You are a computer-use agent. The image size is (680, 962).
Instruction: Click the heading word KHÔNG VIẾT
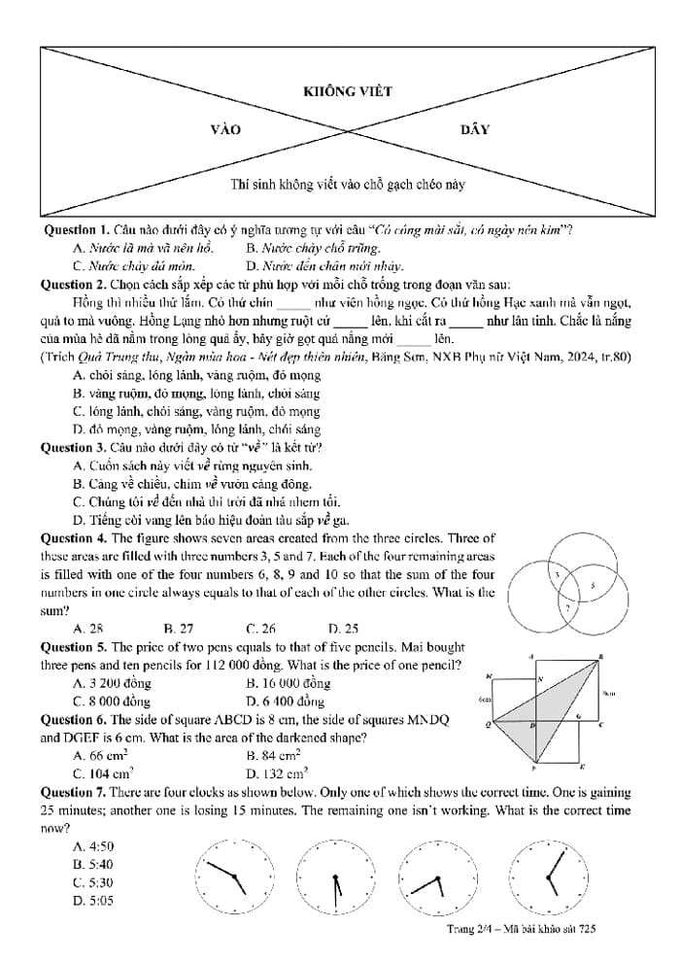(x=348, y=91)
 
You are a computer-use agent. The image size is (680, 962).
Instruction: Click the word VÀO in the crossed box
(x=225, y=129)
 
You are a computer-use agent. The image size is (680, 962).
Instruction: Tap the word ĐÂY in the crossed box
(x=475, y=129)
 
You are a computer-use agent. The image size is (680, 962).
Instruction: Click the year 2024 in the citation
(x=572, y=357)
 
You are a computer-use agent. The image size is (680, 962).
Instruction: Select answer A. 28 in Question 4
(x=88, y=628)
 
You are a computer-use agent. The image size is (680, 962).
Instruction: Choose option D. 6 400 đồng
(x=286, y=701)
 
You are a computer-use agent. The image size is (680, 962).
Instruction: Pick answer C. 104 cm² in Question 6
(x=103, y=773)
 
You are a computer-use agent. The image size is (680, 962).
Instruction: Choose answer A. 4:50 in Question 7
(x=93, y=845)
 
